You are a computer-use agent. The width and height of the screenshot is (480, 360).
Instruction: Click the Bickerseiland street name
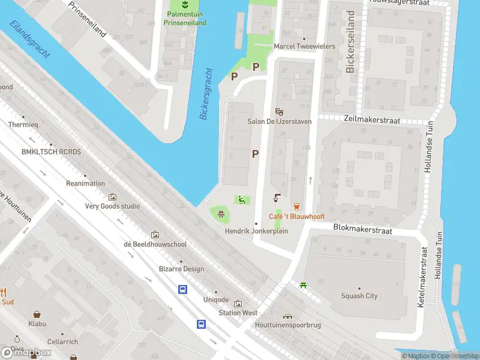point(351,42)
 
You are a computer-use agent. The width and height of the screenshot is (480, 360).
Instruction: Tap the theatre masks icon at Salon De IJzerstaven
point(278,112)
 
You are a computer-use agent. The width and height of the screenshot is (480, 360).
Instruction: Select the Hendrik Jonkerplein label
point(256,231)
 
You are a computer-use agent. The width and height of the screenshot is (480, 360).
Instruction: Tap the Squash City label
point(359,296)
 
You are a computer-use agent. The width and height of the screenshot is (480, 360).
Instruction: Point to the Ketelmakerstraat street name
point(421,277)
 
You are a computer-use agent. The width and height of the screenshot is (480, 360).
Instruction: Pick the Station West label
point(238,313)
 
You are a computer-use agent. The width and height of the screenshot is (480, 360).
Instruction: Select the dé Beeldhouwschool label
point(155,244)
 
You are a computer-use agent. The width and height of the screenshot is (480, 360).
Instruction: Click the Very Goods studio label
point(112,206)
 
